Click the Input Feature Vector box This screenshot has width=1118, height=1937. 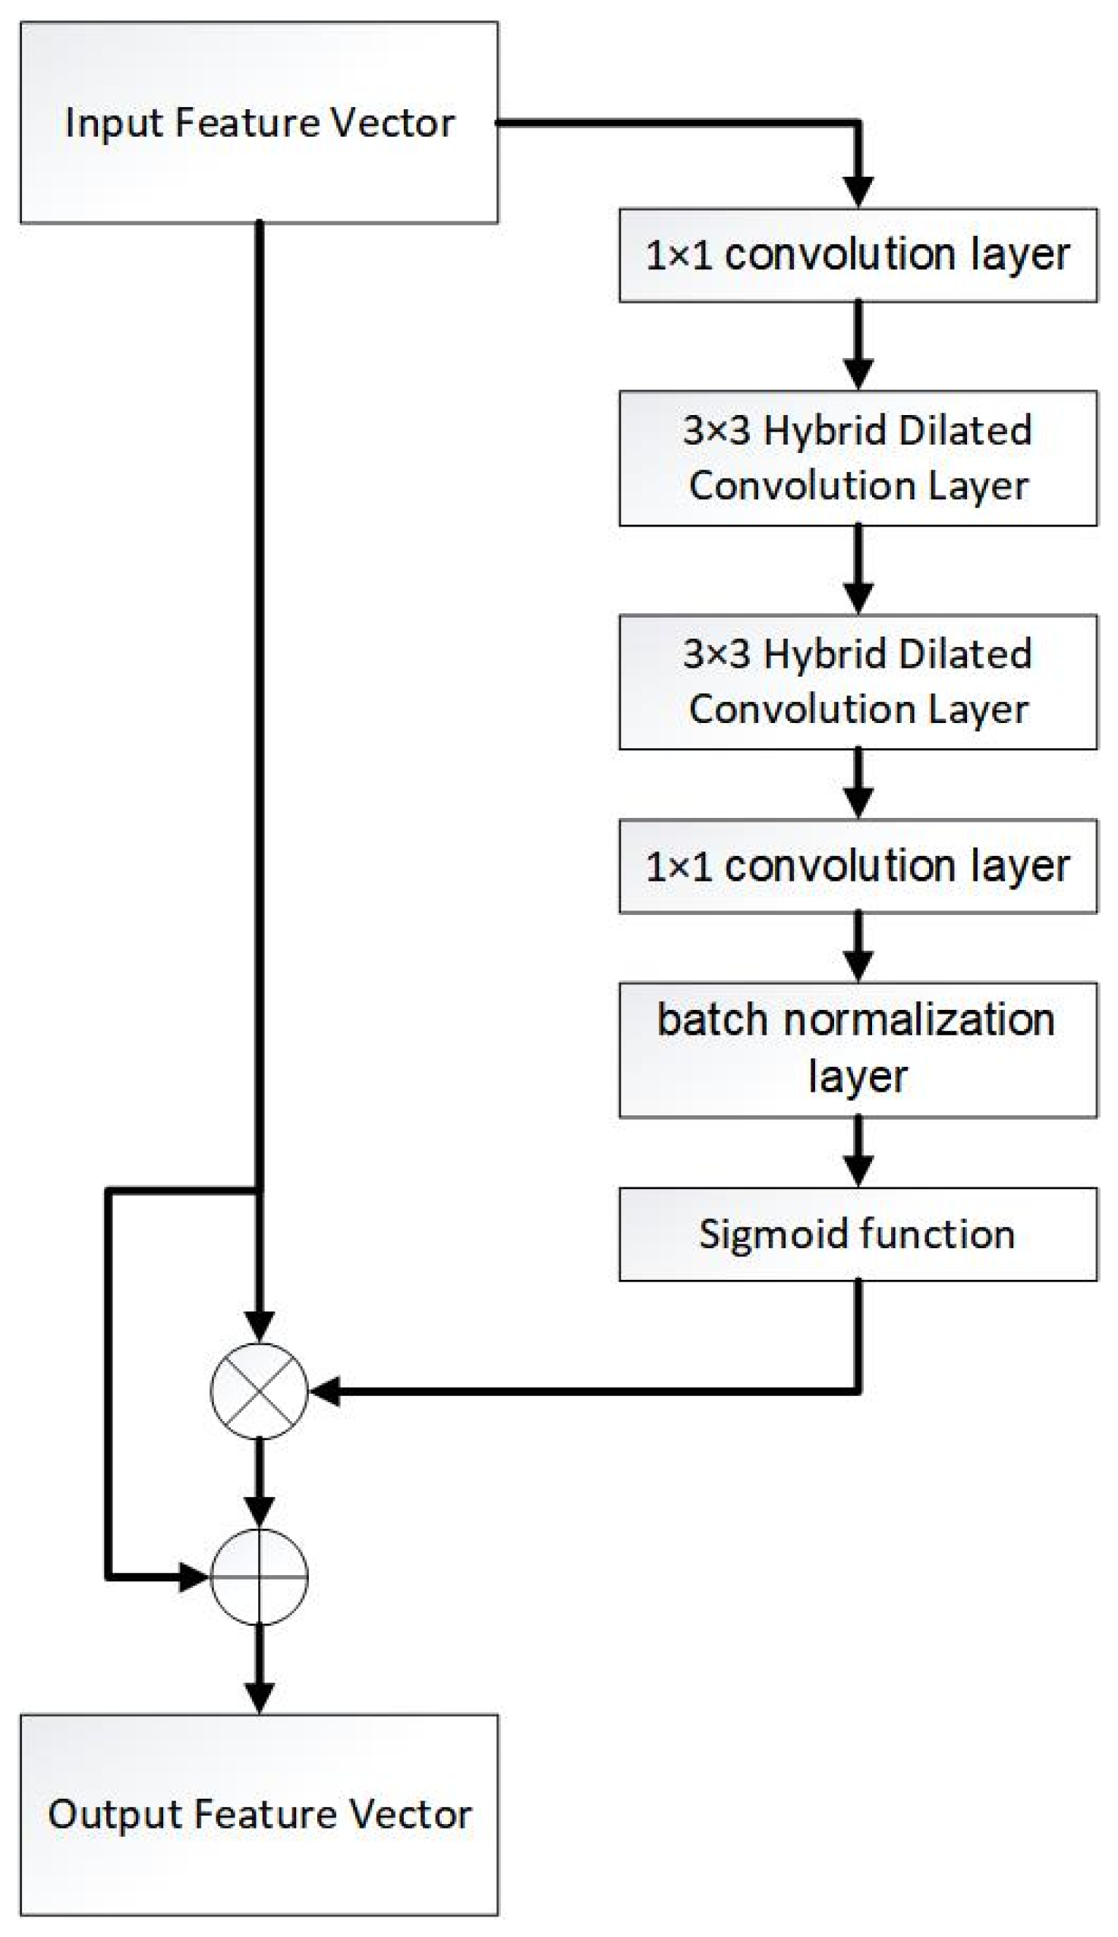(259, 123)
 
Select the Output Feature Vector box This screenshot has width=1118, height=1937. (259, 1814)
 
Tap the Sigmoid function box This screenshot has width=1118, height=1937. (858, 1234)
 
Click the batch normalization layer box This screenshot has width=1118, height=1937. (858, 1049)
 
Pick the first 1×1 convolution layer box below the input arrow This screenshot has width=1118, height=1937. (858, 255)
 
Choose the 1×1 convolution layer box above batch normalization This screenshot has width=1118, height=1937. (858, 866)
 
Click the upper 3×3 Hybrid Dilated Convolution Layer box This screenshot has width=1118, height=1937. (858, 458)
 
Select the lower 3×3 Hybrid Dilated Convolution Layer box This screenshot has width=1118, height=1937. (858, 681)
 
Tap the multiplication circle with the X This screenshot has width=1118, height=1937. (259, 1391)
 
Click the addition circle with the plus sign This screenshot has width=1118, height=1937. (259, 1577)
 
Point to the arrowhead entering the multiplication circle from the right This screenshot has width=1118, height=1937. (326, 1391)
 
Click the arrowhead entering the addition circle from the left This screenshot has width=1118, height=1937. (194, 1577)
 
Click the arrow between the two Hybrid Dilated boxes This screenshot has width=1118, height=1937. (858, 570)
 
